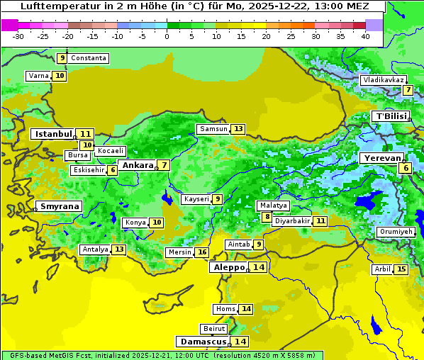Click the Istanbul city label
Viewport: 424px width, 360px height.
click(53, 133)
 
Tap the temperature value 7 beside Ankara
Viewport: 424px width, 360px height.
click(164, 165)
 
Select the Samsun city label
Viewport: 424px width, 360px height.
click(213, 129)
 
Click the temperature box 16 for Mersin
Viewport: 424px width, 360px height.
click(202, 252)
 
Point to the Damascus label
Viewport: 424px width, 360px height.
click(203, 342)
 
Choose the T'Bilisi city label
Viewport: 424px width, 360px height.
click(391, 116)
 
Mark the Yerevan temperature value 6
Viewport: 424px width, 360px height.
click(405, 168)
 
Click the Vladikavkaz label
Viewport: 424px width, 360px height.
click(383, 80)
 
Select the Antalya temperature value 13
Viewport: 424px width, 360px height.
click(118, 249)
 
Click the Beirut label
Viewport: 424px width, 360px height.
click(214, 329)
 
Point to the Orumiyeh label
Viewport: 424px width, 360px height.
click(395, 232)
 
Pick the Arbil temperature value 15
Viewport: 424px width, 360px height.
click(401, 269)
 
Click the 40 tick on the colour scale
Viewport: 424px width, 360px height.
click(364, 36)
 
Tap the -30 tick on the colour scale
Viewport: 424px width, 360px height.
click(18, 36)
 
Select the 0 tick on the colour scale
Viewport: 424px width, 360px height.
click(167, 36)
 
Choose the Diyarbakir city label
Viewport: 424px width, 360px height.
click(291, 221)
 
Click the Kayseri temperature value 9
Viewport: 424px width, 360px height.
click(218, 199)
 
